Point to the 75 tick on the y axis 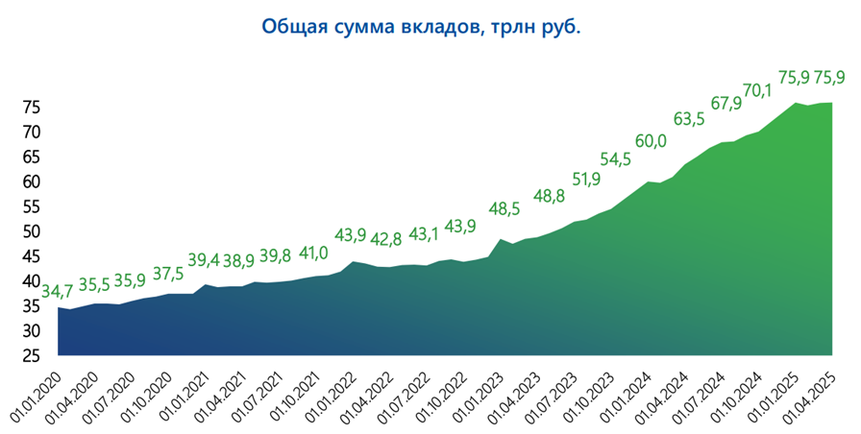pos(31,108)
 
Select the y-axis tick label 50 pos(31,231)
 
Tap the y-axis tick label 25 pos(31,356)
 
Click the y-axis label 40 pos(31,281)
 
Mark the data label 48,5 pos(504,208)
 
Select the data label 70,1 pos(757,91)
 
